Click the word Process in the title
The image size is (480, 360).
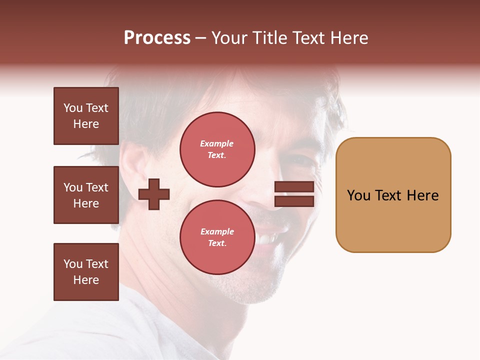tap(157, 37)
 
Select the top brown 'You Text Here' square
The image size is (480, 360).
tap(86, 116)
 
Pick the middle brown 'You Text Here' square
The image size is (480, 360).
tap(86, 195)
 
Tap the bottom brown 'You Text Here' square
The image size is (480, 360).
tap(86, 272)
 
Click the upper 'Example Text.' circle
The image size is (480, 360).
tap(217, 149)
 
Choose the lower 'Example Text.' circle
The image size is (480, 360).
tap(217, 237)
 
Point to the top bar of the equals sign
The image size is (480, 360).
tap(294, 187)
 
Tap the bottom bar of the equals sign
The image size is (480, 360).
tap(294, 201)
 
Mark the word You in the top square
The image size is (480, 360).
tap(72, 108)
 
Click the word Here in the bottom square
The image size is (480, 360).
tap(86, 280)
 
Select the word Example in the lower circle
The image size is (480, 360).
tap(217, 231)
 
